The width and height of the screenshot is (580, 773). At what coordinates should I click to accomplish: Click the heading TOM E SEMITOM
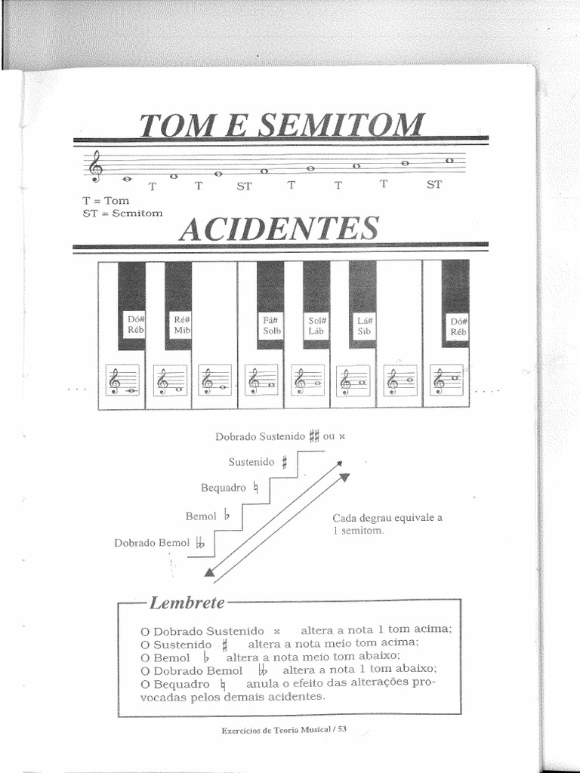(281, 125)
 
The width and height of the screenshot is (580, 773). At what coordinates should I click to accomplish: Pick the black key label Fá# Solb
(272, 325)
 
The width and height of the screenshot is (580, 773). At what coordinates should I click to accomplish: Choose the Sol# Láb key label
(316, 325)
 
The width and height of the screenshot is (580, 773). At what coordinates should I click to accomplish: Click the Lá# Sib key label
(363, 325)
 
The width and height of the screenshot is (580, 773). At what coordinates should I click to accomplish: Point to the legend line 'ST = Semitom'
(122, 213)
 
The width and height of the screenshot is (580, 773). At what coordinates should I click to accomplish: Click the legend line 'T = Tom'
(106, 201)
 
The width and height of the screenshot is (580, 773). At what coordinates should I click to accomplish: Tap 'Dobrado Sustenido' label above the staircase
(260, 436)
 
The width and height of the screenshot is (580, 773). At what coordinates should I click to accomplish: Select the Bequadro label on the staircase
(224, 488)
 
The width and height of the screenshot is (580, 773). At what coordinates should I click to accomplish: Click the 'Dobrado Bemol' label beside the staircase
(152, 543)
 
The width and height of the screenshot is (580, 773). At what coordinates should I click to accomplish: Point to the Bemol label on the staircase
(201, 516)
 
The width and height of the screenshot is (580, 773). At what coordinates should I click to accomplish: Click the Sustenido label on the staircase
(252, 462)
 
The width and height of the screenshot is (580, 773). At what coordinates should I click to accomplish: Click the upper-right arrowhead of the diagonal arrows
(344, 476)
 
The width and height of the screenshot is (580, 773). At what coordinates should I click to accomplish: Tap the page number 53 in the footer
(341, 730)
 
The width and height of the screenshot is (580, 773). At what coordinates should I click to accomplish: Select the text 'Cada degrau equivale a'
(387, 517)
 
